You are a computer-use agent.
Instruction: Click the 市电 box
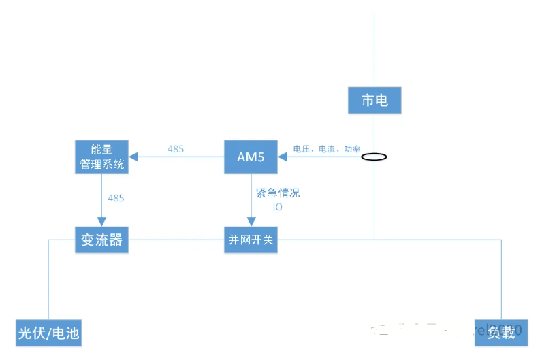(374, 101)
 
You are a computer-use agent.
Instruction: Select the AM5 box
(251, 157)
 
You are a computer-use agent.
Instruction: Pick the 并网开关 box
(251, 240)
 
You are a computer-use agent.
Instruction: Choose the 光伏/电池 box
(48, 333)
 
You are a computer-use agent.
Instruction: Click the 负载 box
(501, 332)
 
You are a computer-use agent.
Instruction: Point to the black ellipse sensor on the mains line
(374, 157)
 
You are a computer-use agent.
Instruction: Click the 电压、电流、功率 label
(326, 148)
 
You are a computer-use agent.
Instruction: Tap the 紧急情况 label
(277, 193)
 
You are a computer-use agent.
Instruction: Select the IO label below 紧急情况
(277, 206)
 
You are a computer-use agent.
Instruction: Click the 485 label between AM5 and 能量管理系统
(176, 149)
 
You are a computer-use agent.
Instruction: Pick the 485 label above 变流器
(116, 198)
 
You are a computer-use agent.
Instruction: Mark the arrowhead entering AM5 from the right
(283, 157)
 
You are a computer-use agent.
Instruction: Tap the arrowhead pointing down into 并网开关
(251, 221)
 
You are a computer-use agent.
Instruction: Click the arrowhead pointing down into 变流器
(101, 221)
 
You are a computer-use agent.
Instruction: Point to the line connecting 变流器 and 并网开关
(176, 240)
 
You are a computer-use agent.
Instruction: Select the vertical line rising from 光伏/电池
(49, 279)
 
